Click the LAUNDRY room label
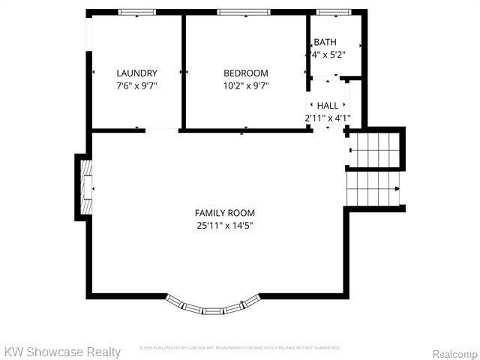(x=136, y=73)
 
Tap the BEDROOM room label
(x=245, y=73)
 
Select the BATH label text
(x=325, y=42)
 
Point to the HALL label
(x=328, y=106)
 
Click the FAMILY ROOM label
(x=225, y=213)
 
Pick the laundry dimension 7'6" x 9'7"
(x=136, y=85)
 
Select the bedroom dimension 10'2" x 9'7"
(x=246, y=85)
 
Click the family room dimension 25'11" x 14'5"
(x=225, y=226)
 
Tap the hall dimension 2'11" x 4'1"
(x=328, y=118)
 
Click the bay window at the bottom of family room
(x=213, y=305)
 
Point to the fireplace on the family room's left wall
(x=85, y=187)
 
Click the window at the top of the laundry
(x=137, y=13)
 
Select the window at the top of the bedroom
(x=244, y=13)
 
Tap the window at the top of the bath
(x=333, y=13)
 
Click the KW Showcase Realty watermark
(x=62, y=352)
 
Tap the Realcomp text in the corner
(x=455, y=353)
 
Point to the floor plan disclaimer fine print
(x=240, y=348)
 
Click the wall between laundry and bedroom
(x=183, y=71)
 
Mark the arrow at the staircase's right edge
(x=397, y=189)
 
